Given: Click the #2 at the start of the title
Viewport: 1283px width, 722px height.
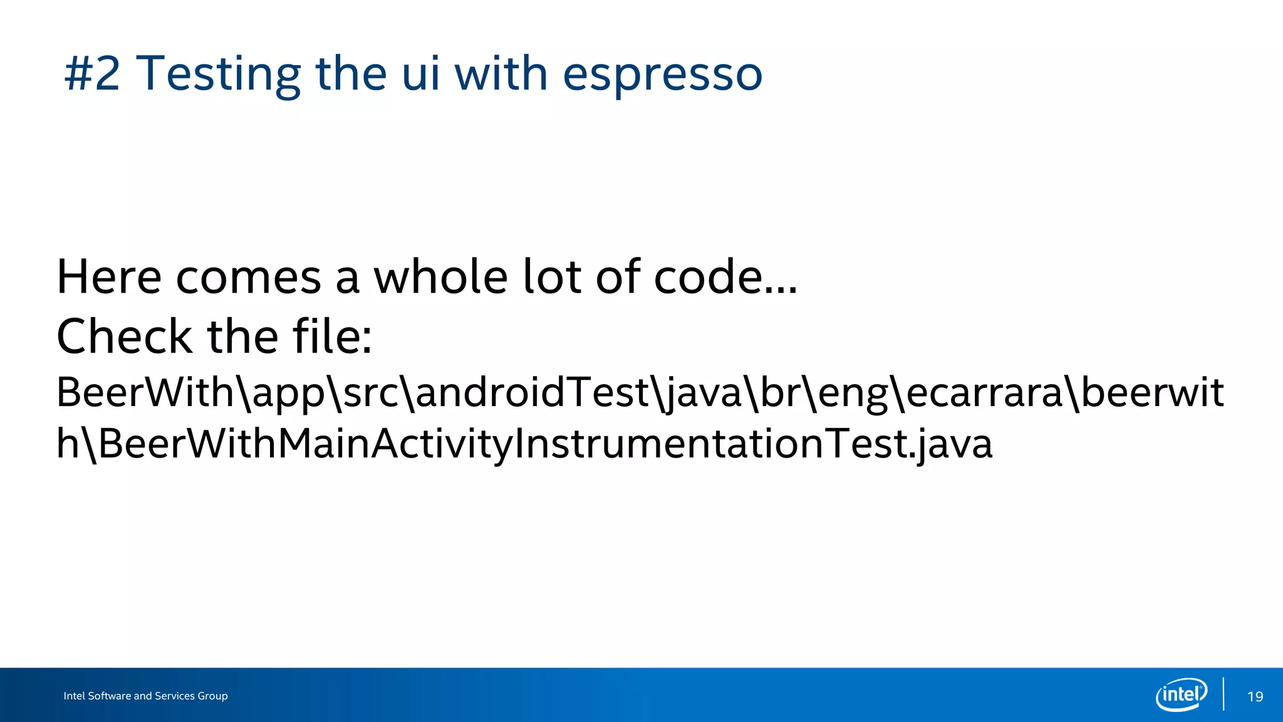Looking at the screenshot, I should coord(92,74).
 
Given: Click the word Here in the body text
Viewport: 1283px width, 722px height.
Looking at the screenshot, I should coord(109,276).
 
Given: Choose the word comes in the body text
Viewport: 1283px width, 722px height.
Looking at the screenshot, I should coord(248,278).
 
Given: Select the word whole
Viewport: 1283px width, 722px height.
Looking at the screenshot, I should coord(440,276).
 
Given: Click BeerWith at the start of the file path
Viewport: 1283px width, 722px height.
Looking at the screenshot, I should coord(145,392).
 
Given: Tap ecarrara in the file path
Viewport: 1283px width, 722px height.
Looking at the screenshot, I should coord(984,392).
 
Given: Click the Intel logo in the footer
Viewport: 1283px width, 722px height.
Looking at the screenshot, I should coord(1182,694).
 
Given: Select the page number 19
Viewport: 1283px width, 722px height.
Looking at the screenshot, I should coord(1255,696).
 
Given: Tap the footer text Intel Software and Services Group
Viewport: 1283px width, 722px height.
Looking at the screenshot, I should coord(145,696).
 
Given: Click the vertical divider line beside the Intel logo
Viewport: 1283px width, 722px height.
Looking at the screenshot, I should coord(1223,694).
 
